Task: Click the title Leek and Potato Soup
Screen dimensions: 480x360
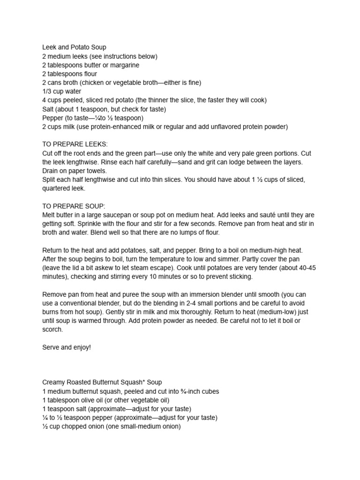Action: coord(74,47)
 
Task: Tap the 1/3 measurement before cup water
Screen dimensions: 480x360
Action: coord(48,91)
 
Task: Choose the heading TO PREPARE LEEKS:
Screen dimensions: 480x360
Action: coord(75,144)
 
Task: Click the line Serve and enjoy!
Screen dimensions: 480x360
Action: coord(66,347)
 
